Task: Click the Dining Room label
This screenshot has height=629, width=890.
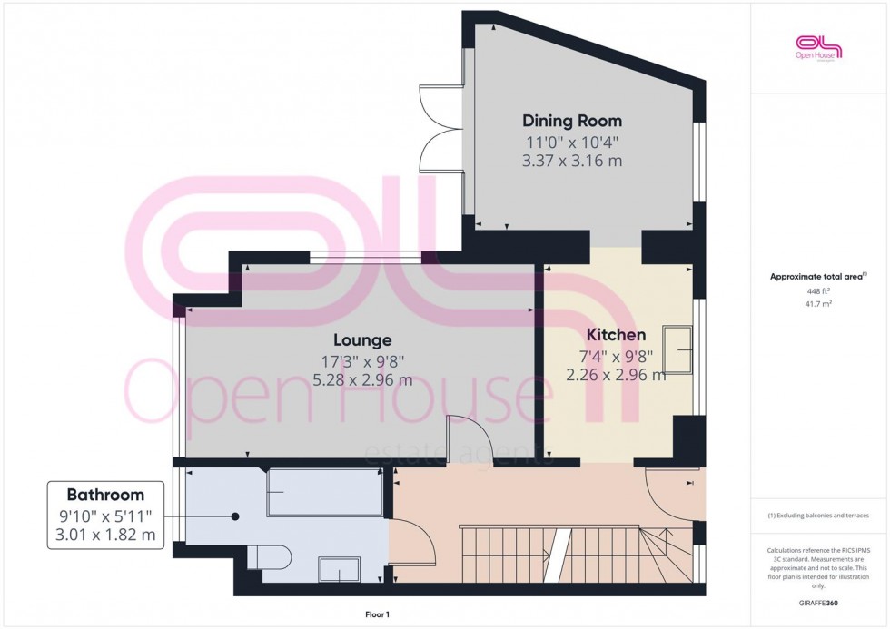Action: [x=572, y=121]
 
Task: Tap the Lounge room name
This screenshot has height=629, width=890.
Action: [x=362, y=340]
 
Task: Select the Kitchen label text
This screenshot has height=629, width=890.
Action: [x=616, y=335]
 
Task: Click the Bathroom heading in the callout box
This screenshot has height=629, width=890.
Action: [x=105, y=495]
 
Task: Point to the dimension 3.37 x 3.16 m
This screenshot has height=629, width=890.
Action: [x=572, y=162]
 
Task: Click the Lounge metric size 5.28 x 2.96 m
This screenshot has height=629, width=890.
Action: [x=362, y=380]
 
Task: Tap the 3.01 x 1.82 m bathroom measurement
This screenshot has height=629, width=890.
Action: [x=105, y=536]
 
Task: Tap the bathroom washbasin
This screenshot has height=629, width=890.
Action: [x=339, y=569]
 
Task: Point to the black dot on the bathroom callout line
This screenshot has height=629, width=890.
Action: [x=235, y=516]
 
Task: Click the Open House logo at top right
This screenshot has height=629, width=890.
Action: [x=818, y=48]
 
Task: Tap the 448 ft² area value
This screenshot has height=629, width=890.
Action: [x=818, y=290]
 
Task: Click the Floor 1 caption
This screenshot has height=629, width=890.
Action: [x=373, y=614]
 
